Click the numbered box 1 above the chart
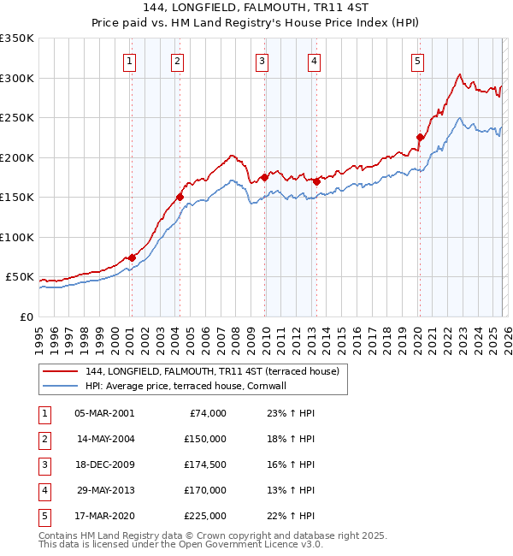129,61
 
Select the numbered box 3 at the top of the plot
262,61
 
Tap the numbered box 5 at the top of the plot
417,61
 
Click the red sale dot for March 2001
132,257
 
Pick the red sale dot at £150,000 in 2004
180,197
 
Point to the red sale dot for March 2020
420,137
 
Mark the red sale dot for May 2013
317,181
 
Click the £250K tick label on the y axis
17,118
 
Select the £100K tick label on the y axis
17,237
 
